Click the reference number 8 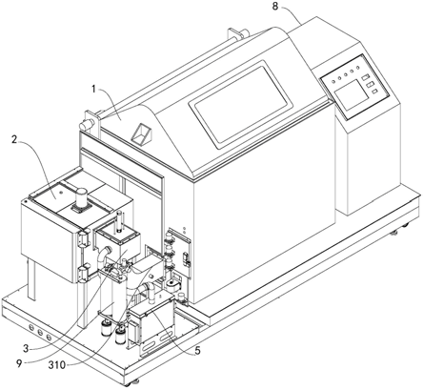pos(275,7)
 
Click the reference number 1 pos(94,90)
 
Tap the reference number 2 pos(14,140)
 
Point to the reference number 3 pos(28,348)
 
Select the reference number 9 pos(19,363)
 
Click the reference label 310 pos(57,365)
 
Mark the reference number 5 pos(197,351)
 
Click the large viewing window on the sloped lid pos(240,104)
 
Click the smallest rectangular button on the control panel pos(374,92)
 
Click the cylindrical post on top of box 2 pos(81,197)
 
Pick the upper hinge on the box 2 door pos(82,238)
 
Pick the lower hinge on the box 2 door pos(82,274)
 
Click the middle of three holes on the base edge pos(40,332)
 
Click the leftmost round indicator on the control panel pos(333,81)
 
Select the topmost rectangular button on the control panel pos(365,77)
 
